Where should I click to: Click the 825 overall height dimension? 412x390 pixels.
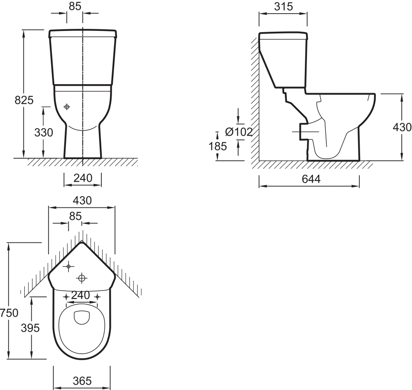pyautogui.click(x=24, y=100)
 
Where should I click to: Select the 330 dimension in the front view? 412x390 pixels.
pyautogui.click(x=44, y=132)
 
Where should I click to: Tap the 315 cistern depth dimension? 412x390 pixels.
pyautogui.click(x=283, y=7)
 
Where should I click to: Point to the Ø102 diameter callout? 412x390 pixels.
pyautogui.click(x=239, y=132)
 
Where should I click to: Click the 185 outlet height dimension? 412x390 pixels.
pyautogui.click(x=218, y=146)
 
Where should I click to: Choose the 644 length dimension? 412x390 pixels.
pyautogui.click(x=311, y=179)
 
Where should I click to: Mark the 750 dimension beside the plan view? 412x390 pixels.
pyautogui.click(x=9, y=313)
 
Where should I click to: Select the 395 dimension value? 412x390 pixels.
pyautogui.click(x=30, y=328)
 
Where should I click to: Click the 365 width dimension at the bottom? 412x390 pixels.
pyautogui.click(x=82, y=381)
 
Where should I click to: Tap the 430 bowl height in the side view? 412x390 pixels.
pyautogui.click(x=402, y=127)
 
